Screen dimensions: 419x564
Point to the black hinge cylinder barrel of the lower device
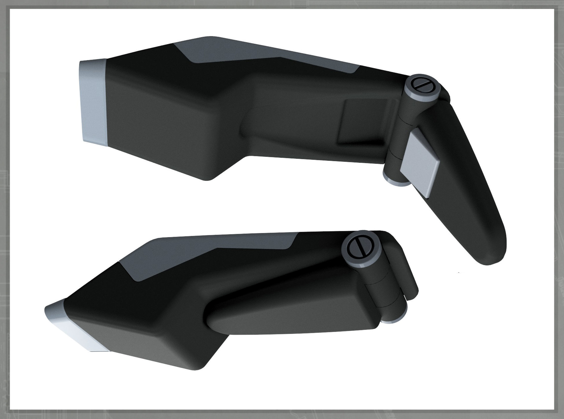[x=380, y=292]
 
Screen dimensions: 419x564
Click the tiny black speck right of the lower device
[x=459, y=273]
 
